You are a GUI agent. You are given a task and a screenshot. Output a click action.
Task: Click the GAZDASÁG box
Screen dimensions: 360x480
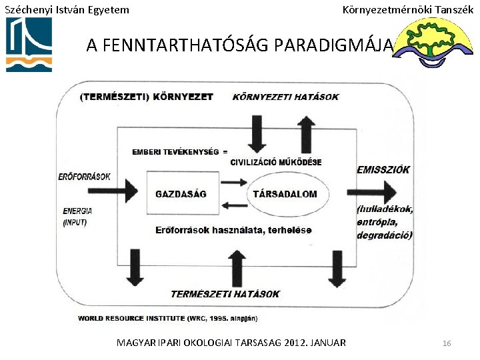click(x=181, y=194)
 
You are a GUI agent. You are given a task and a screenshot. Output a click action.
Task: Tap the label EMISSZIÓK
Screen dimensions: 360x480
click(x=383, y=170)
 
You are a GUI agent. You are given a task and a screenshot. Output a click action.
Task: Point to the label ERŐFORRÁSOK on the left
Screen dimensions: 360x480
click(x=84, y=176)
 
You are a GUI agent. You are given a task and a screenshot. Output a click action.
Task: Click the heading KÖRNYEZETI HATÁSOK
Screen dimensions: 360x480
click(x=285, y=97)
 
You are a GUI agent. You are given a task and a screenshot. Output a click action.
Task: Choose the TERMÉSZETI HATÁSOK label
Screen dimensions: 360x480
click(x=225, y=293)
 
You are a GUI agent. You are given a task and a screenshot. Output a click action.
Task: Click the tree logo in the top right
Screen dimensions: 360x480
click(x=436, y=43)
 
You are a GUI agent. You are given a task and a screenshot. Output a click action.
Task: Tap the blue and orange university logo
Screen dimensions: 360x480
click(x=29, y=45)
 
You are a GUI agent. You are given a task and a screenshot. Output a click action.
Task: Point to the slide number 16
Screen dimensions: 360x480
click(x=447, y=343)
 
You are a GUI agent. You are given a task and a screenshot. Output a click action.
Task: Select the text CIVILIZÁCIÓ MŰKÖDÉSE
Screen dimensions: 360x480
click(x=276, y=162)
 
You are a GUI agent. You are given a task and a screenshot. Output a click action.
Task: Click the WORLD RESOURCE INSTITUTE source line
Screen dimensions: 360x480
click(x=167, y=318)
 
